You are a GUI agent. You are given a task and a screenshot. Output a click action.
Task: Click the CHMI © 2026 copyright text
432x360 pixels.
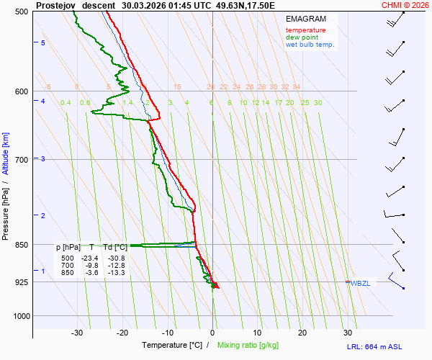pos(405,4)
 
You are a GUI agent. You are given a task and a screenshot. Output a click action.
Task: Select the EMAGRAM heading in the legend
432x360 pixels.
pos(305,19)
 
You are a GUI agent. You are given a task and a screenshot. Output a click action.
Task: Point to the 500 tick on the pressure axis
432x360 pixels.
pos(21,12)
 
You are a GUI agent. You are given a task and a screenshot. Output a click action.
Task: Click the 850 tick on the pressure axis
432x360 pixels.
pos(21,245)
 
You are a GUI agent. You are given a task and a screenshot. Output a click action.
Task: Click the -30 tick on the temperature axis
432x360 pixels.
pos(77,333)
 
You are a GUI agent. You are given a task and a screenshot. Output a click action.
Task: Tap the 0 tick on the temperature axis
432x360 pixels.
pos(212,333)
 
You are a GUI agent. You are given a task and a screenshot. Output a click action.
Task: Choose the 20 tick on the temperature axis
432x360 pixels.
pos(302,333)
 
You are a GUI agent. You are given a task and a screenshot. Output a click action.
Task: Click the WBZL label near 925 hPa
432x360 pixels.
pos(361,283)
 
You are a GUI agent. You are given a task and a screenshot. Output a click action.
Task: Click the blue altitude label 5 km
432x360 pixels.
pos(43,43)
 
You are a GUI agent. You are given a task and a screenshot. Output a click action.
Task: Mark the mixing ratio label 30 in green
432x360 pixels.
pos(318,103)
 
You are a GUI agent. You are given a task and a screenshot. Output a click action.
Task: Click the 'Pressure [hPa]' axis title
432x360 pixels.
pos(6,215)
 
